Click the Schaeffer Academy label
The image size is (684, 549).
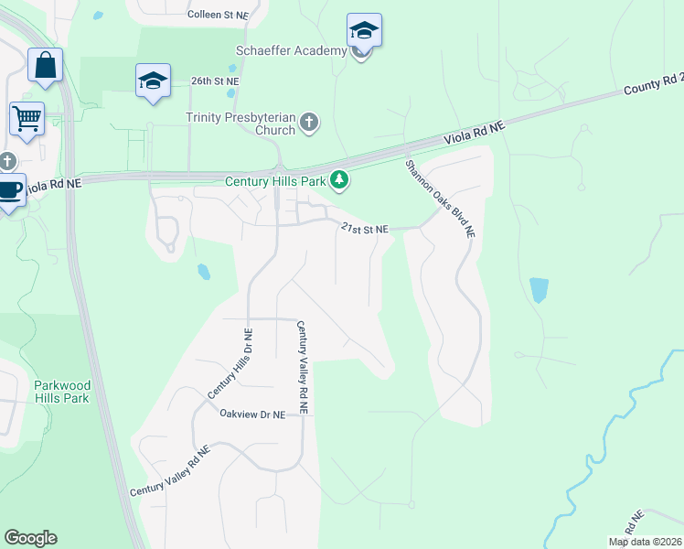click(291, 50)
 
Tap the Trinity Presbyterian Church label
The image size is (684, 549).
click(240, 124)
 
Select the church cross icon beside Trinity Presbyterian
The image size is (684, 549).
click(309, 122)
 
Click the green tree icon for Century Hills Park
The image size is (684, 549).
click(339, 180)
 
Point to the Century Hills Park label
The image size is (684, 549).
click(276, 181)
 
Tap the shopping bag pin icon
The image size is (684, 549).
click(45, 67)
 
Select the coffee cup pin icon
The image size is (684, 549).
click(10, 190)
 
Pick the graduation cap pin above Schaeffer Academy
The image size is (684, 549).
click(364, 31)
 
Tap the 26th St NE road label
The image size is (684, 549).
click(213, 81)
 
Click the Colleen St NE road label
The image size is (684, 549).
click(218, 16)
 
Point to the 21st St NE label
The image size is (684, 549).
click(365, 229)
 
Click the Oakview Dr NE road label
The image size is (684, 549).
click(252, 414)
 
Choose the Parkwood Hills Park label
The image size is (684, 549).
click(61, 392)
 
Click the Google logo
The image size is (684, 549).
click(30, 538)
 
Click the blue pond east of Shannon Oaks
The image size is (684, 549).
click(540, 291)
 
